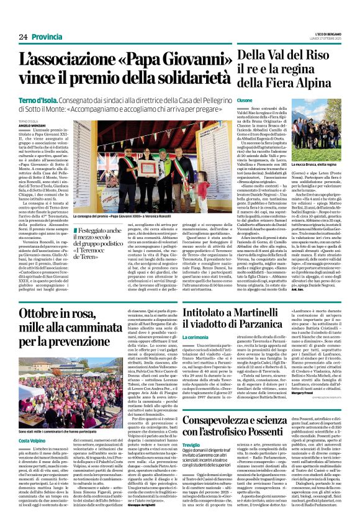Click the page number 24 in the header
(x=23, y=37)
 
